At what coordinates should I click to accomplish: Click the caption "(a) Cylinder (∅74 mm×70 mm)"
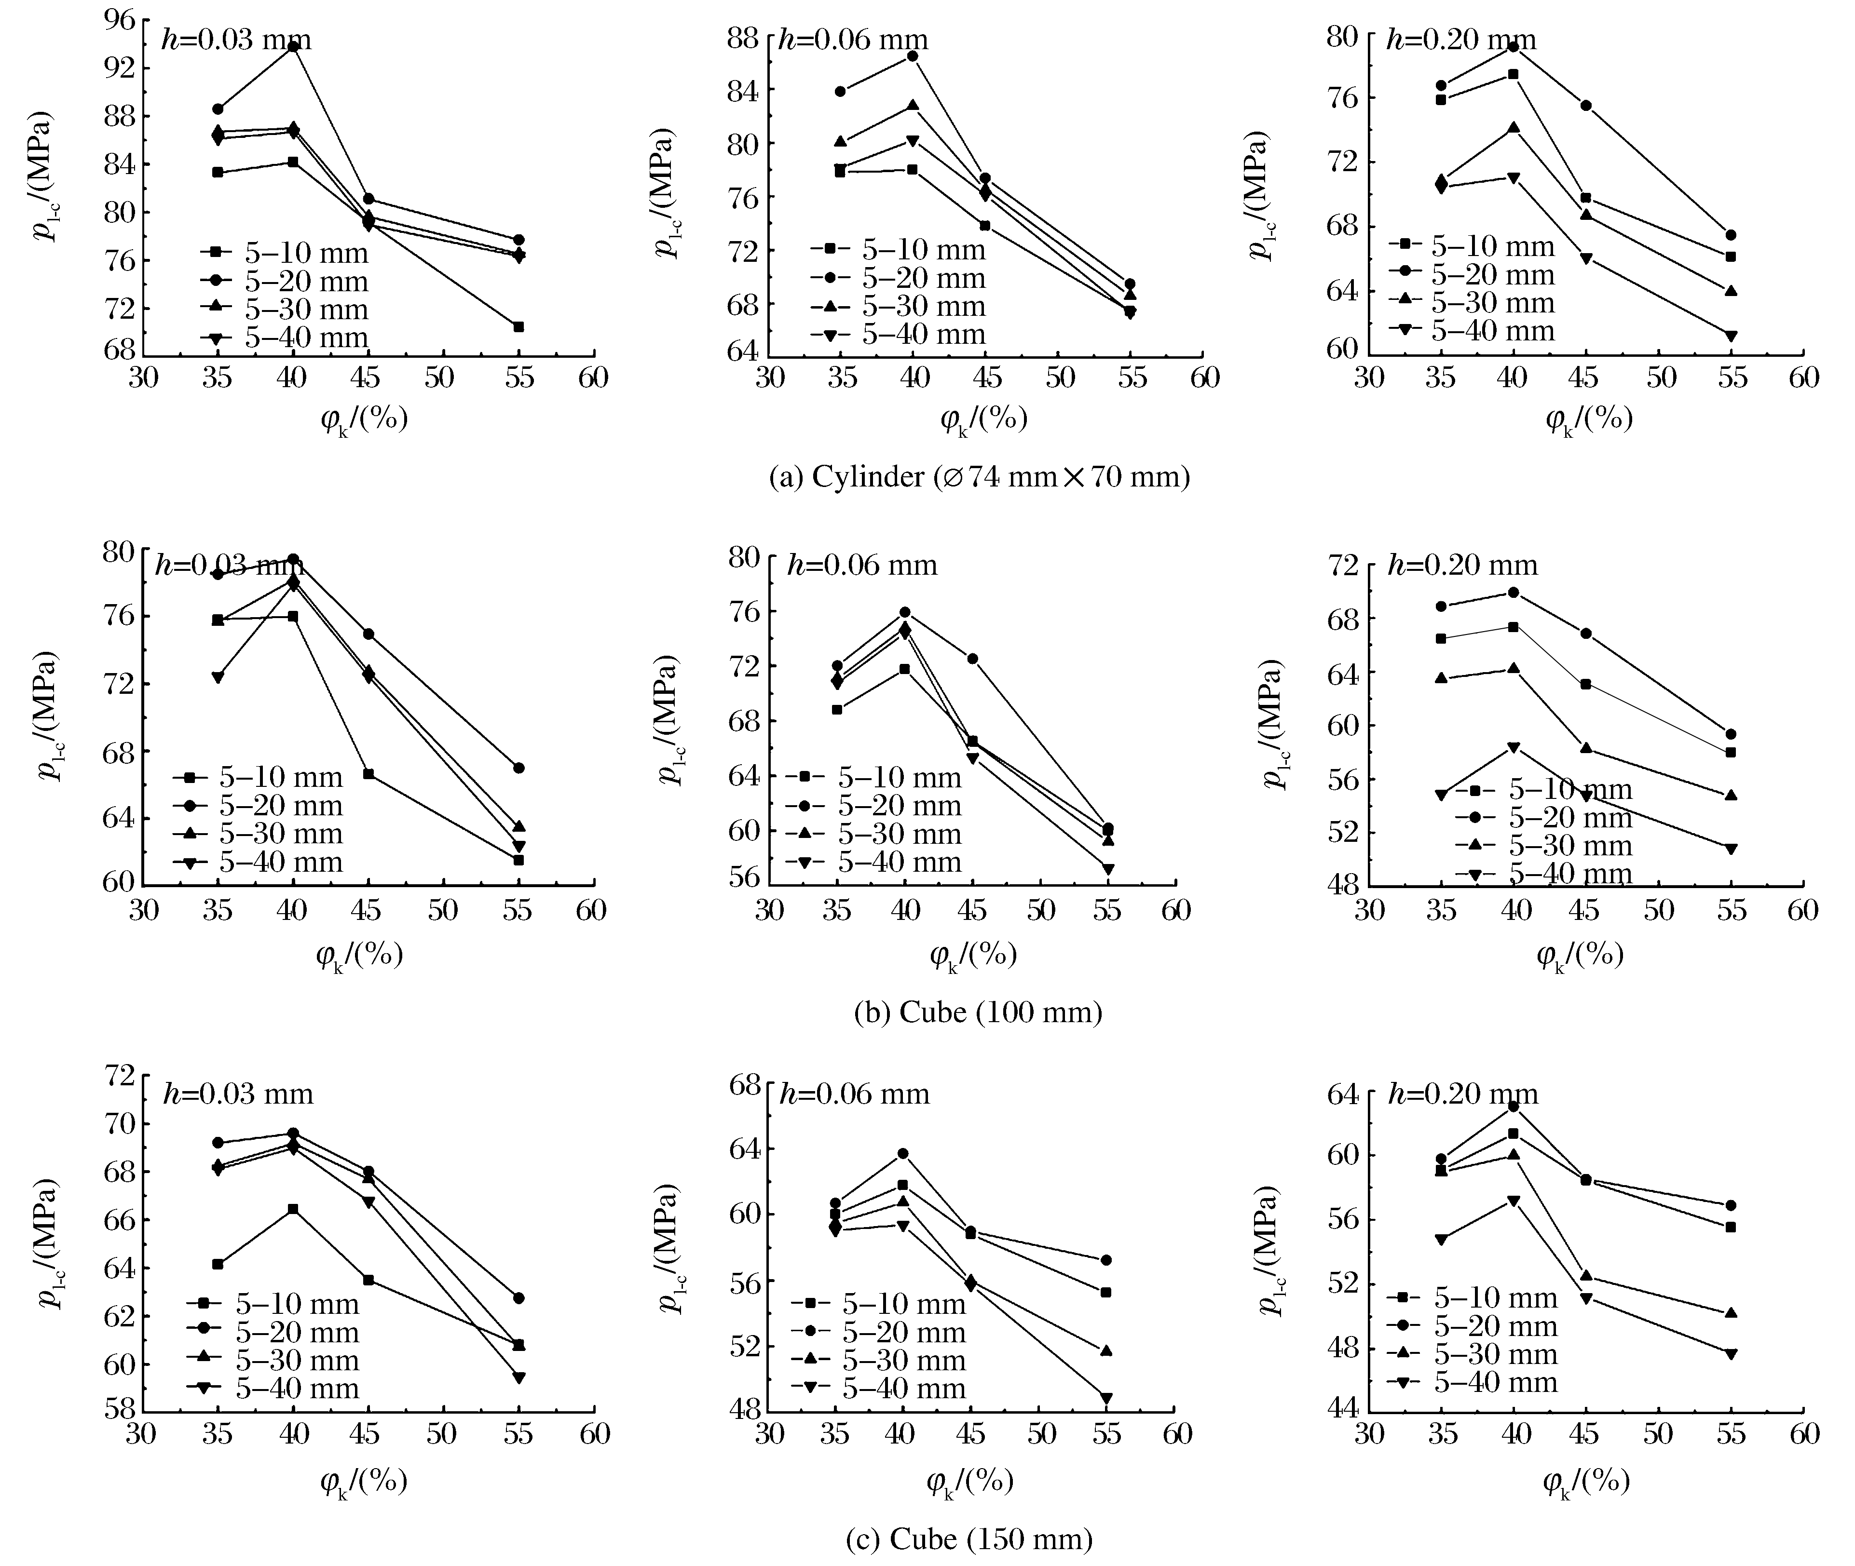click(979, 478)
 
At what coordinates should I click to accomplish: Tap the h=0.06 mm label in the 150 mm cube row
click(854, 1093)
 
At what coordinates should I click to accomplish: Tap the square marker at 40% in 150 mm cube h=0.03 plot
click(293, 1209)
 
